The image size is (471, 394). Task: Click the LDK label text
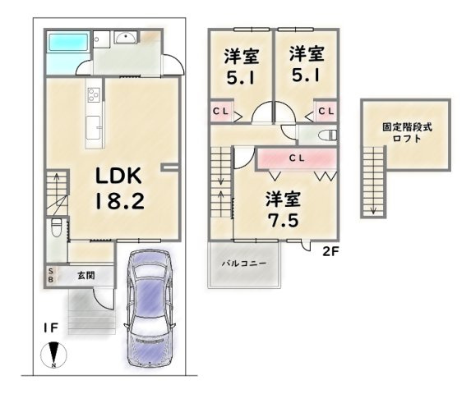coord(118,176)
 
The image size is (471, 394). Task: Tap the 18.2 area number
coord(120,200)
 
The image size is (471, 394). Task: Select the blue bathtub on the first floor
coord(68,42)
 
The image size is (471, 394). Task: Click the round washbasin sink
coord(126,37)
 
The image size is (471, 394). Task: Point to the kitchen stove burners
coord(94,94)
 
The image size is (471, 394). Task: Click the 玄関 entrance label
coord(86,275)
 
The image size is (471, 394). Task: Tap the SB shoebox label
coord(51,276)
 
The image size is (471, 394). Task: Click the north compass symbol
coord(53,355)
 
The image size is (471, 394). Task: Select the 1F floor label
coord(50,328)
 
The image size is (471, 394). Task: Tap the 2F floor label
coord(330,251)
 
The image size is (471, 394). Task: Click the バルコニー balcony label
coord(244,263)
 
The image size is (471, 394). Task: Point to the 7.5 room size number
coord(284,221)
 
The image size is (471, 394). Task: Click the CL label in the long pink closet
coord(297,158)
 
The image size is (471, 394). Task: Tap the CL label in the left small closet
coord(221,112)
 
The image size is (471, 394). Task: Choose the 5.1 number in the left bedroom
coord(241,78)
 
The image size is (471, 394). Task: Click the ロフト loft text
coord(407,139)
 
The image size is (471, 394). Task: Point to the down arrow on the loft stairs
coord(373,209)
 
